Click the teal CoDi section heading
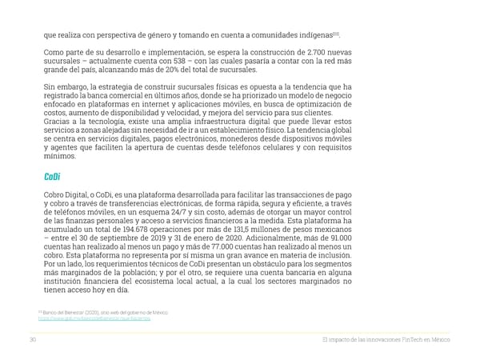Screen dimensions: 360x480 point(53,178)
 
